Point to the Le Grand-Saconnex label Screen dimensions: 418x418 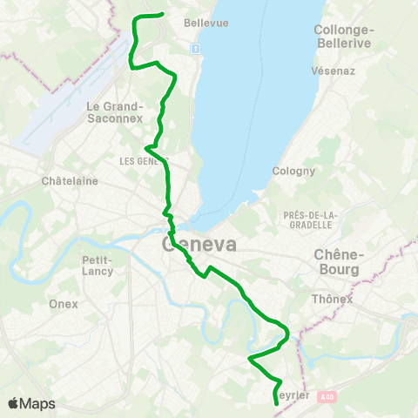(114, 112)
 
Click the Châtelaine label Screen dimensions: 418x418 (70, 181)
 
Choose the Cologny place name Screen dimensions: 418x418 (293, 171)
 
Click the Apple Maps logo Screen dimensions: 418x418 (31, 404)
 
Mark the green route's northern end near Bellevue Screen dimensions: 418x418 (163, 14)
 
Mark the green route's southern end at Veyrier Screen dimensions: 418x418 (275, 403)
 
